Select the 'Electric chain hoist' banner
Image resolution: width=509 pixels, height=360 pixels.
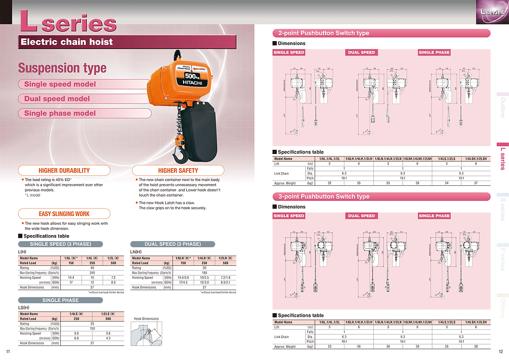[x=66, y=42]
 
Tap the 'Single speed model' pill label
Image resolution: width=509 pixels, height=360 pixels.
[x=60, y=84]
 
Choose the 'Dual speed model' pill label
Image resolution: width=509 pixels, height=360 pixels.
[x=57, y=99]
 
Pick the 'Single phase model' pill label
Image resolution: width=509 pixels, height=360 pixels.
[x=60, y=113]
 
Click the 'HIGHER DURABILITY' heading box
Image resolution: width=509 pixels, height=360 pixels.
[x=64, y=170]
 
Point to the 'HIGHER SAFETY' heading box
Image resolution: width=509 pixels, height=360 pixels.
[x=178, y=170]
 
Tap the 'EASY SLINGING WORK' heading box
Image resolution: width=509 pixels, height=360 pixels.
[x=64, y=214]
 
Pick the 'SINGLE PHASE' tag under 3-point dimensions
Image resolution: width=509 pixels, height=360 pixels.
[x=434, y=216]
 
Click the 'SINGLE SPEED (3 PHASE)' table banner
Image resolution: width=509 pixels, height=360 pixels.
[x=61, y=244]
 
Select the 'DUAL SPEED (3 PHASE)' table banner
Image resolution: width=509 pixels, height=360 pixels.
[x=173, y=244]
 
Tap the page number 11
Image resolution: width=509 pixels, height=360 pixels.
[x=7, y=351]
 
